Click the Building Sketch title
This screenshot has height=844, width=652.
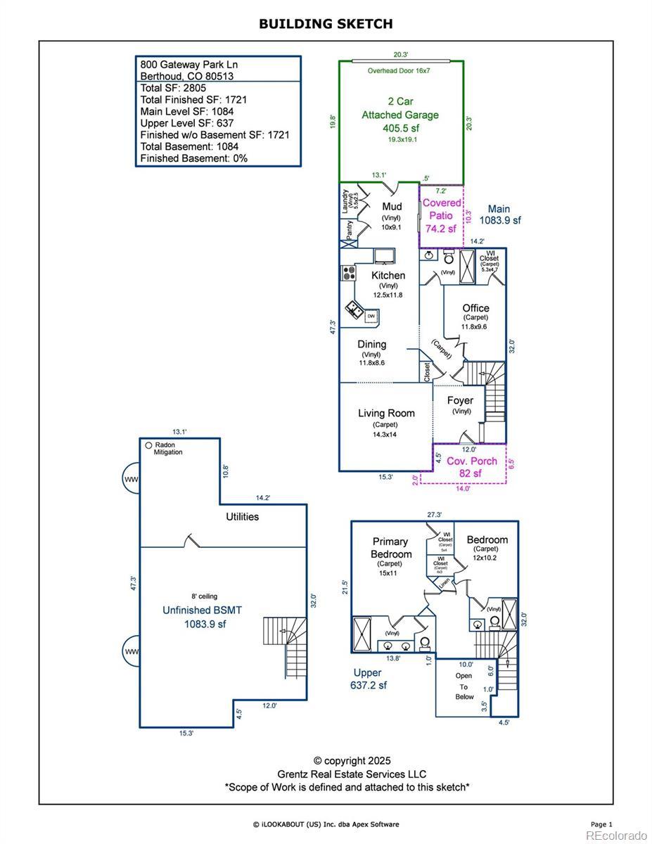(x=326, y=24)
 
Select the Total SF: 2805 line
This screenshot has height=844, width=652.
(x=173, y=88)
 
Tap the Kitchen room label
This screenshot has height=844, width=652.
(x=388, y=276)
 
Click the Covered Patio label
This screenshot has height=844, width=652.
(x=442, y=209)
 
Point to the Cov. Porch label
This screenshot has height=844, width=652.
(x=472, y=461)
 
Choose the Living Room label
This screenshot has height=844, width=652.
(x=386, y=413)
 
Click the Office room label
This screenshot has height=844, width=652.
(x=475, y=308)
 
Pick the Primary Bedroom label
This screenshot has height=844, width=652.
(x=390, y=548)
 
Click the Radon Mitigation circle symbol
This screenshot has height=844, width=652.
(x=148, y=445)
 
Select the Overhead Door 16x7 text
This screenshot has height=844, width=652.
(x=399, y=71)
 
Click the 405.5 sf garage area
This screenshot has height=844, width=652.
(x=400, y=129)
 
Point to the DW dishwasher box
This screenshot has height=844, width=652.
(x=371, y=317)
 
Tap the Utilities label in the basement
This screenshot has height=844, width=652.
(x=242, y=517)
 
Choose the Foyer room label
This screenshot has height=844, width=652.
(x=461, y=400)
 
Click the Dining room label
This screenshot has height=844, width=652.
(x=371, y=345)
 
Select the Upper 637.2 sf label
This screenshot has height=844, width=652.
(x=369, y=679)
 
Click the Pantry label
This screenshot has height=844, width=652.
(x=349, y=229)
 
